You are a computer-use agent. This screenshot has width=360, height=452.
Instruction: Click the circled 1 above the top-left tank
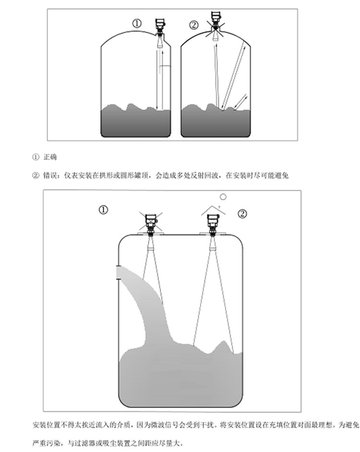138,24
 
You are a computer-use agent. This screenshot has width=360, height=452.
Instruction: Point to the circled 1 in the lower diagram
103,210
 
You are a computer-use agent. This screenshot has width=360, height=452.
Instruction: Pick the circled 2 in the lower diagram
243,212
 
